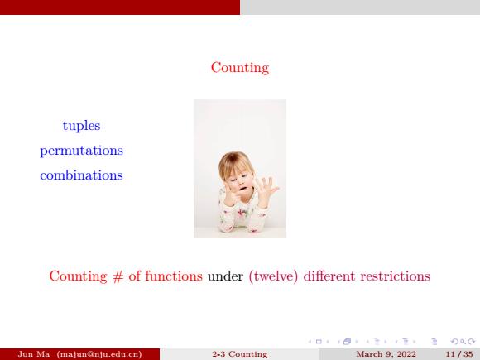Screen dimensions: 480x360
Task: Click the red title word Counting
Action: coord(240,68)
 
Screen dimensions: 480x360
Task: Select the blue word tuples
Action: coord(81,126)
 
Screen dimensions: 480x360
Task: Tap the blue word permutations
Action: coord(81,151)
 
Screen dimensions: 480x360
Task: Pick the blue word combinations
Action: coord(81,175)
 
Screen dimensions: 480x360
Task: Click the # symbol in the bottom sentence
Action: coord(118,276)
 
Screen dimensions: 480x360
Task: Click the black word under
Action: coord(225,276)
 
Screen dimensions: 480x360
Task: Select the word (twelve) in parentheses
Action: coord(273,276)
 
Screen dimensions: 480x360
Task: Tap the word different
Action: coord(329,276)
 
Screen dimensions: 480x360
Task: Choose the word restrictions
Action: coord(396,276)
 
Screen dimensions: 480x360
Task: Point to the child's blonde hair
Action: coord(235,164)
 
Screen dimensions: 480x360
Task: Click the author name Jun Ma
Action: coord(34,354)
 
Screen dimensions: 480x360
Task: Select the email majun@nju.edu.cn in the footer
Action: coord(99,354)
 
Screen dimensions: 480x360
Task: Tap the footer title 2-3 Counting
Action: coord(240,354)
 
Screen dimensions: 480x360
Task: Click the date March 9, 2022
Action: coord(386,354)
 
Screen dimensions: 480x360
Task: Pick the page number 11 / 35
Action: coord(459,354)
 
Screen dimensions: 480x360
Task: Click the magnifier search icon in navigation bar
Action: coord(463,342)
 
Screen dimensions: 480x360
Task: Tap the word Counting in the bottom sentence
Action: coord(79,276)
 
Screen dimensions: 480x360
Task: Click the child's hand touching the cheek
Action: coord(231,195)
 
